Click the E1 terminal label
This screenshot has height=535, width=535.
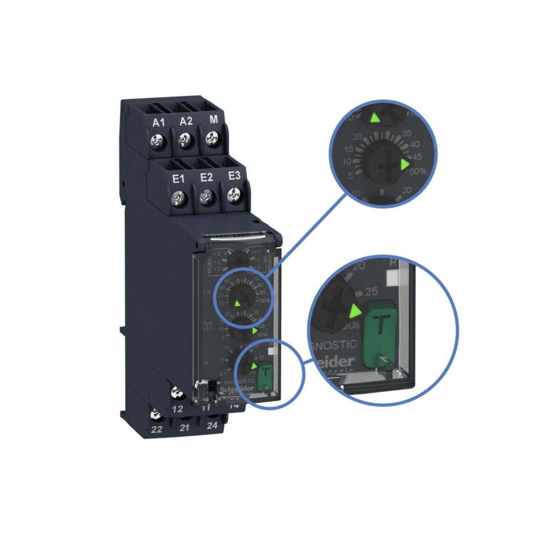(x=178, y=179)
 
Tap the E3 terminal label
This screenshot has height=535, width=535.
(x=234, y=176)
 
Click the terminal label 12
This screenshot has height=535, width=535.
(x=177, y=409)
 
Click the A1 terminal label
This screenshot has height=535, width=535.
(x=159, y=123)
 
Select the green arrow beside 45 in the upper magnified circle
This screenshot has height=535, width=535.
(x=404, y=165)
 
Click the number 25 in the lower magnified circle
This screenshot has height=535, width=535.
(x=371, y=292)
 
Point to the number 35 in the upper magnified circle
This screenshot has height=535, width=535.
(x=406, y=133)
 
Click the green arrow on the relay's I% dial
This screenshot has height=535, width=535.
(x=237, y=304)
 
